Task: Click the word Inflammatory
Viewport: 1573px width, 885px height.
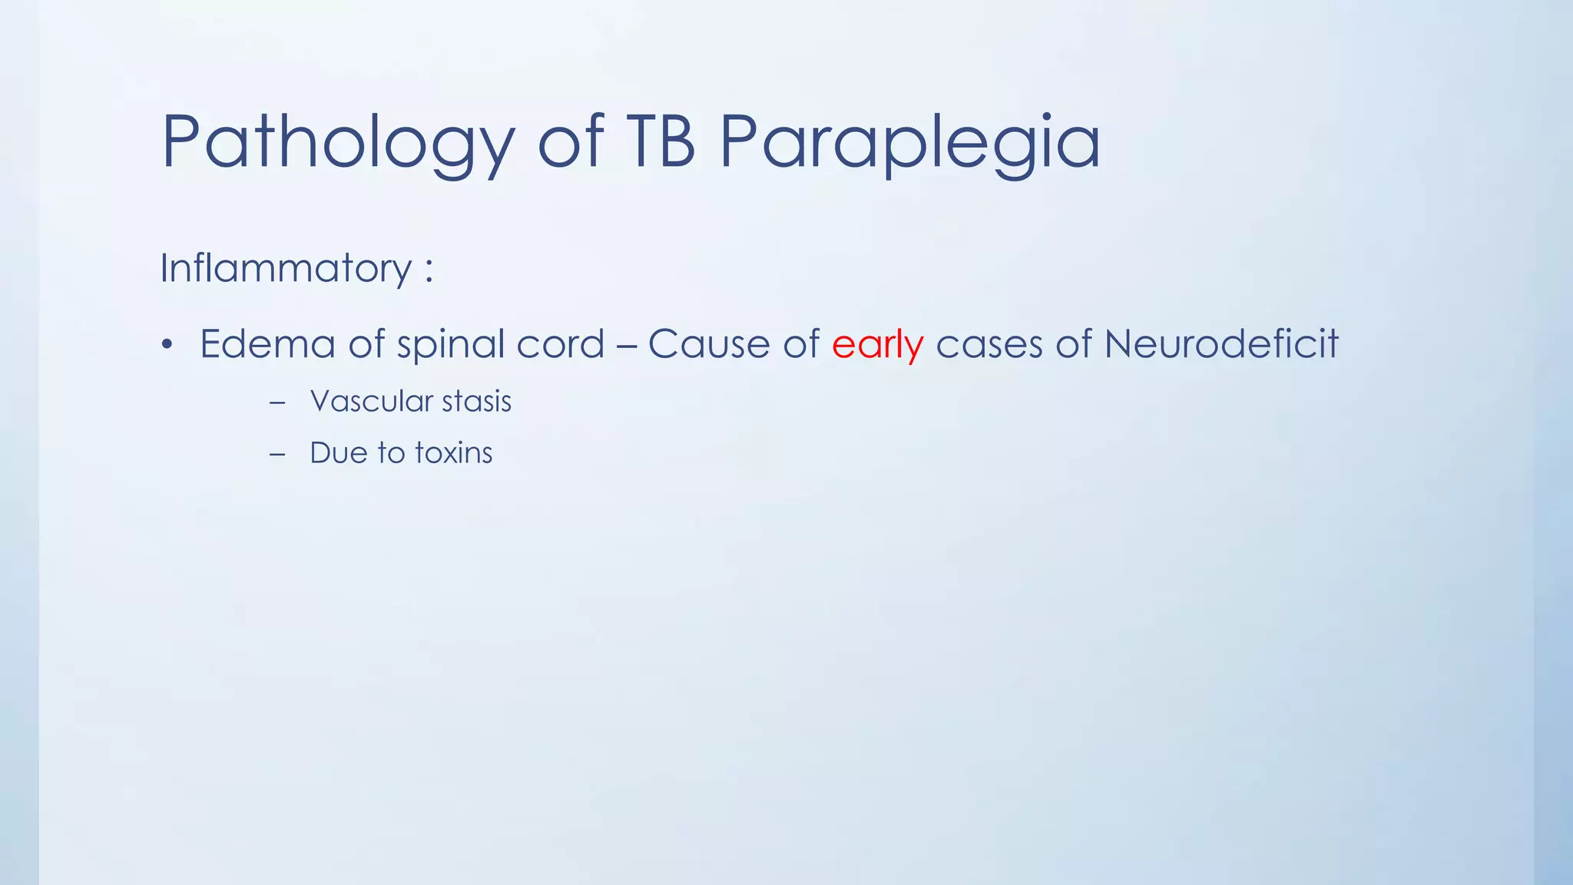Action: [x=286, y=269]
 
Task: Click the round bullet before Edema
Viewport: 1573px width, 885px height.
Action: [x=167, y=344]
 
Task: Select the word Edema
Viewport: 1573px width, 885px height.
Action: [x=267, y=343]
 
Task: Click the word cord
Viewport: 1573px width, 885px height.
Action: [x=561, y=343]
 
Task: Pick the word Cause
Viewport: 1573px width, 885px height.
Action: [x=708, y=343]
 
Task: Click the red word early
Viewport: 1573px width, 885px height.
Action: [x=877, y=343]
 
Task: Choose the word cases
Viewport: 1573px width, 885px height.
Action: [x=989, y=343]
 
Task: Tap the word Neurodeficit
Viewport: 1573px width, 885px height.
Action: [x=1221, y=343]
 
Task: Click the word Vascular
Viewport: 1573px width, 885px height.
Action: [x=372, y=401]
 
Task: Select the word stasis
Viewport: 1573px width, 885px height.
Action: [x=476, y=401]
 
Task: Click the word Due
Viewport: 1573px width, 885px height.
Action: [x=338, y=452]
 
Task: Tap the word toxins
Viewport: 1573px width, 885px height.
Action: [x=453, y=452]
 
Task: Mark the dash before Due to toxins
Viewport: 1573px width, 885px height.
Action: [x=277, y=454]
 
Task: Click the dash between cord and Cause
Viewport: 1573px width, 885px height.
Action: [x=626, y=345]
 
